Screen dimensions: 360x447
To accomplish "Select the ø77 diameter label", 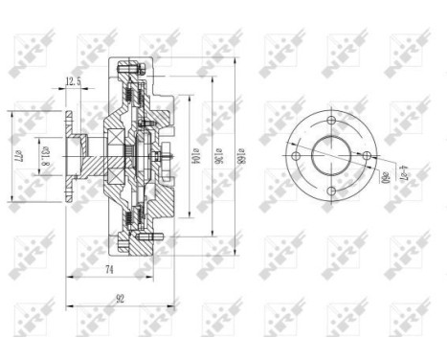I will click(16, 154).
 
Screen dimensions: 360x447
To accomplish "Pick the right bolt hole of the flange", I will click(366, 156).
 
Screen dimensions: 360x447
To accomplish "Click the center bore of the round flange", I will click(330, 156).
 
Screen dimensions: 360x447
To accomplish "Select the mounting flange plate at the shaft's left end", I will click(69, 156).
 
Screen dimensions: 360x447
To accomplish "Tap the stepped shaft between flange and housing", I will click(86, 156).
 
